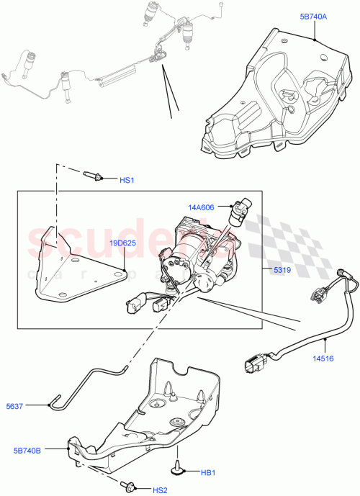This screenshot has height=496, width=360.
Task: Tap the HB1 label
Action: [208, 472]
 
